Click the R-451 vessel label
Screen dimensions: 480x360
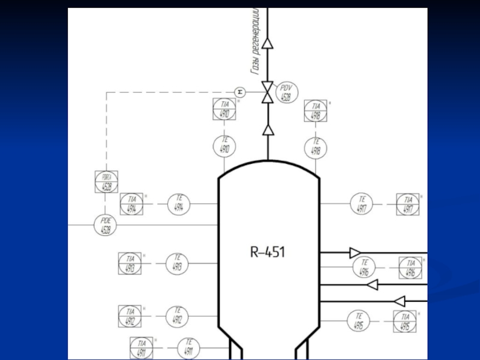point(268,252)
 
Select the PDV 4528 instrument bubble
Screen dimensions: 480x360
point(286,93)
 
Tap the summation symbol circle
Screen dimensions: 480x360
point(240,92)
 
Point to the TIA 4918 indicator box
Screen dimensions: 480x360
point(316,112)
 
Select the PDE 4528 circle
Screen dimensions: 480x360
point(106,225)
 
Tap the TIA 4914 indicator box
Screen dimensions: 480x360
point(131,205)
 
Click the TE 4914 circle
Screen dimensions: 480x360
point(179,205)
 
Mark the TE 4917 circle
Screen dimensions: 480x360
point(362,205)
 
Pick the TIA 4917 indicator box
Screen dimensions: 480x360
point(408,205)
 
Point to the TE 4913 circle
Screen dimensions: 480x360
point(178,263)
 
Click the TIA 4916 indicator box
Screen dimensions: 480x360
point(410,268)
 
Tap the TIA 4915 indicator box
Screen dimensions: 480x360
point(405,322)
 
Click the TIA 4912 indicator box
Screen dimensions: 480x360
point(130,316)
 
